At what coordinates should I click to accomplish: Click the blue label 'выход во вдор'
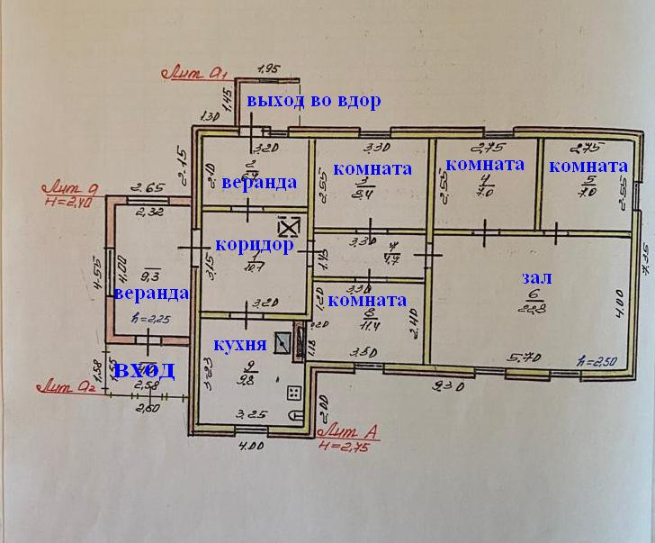[315, 101]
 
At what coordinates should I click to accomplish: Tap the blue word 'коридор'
[255, 245]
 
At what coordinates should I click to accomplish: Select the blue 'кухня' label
[239, 345]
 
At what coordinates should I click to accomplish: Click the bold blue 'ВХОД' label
[143, 370]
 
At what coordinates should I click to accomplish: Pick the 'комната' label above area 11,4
[368, 300]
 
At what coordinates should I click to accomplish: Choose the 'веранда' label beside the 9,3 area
[150, 293]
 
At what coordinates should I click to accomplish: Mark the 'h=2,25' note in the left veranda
[148, 318]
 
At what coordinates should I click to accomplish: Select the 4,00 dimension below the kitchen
[254, 445]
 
